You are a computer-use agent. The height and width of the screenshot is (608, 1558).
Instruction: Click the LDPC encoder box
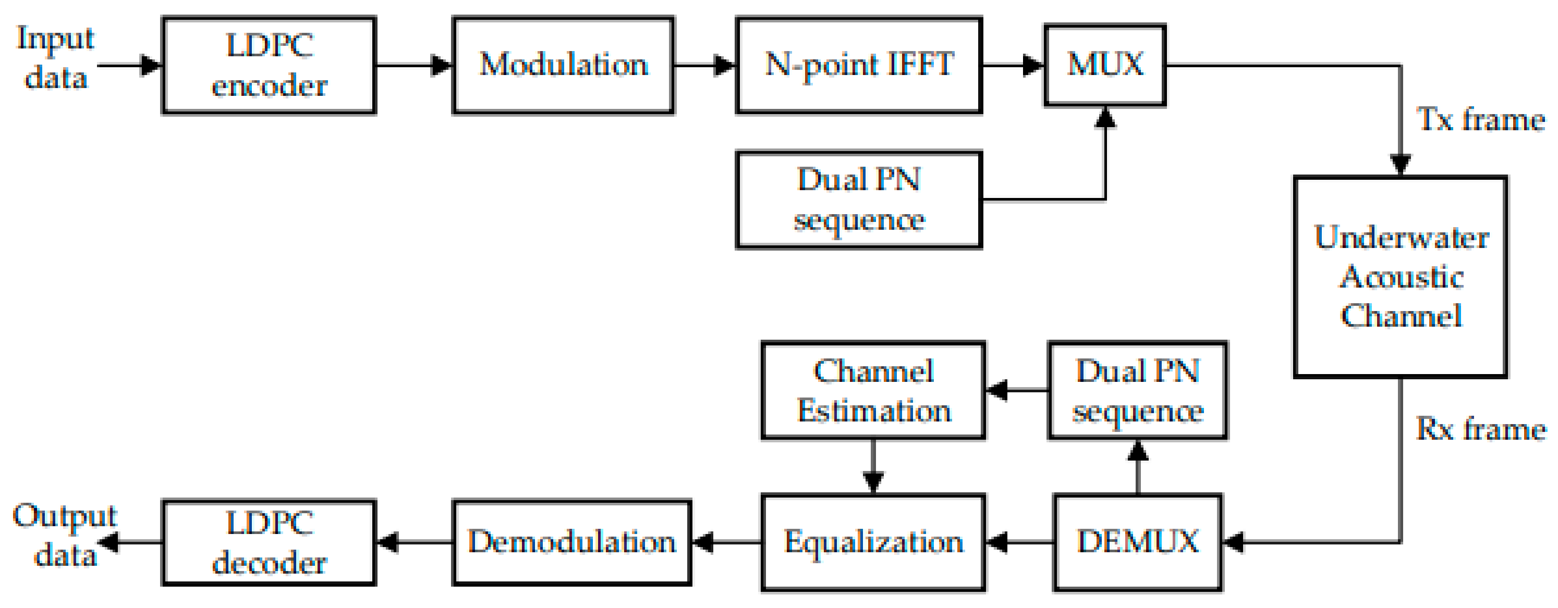point(269,65)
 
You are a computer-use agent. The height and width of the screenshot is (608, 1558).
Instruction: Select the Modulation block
point(563,65)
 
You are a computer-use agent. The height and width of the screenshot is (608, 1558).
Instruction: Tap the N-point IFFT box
point(858,65)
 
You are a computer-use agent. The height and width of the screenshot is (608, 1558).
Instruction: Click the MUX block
point(1104,65)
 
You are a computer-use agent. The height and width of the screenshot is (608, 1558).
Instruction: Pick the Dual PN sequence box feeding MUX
point(858,200)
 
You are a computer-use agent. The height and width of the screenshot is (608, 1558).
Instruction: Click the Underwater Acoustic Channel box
point(1400,277)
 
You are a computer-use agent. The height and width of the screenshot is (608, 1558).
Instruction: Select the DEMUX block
point(1138,542)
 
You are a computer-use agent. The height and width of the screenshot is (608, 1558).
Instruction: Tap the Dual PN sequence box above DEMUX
point(1138,390)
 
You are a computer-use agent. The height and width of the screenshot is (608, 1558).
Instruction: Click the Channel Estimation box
point(873,390)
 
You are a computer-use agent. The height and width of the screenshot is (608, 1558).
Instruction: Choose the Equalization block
point(873,542)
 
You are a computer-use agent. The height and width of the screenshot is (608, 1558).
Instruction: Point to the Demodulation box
point(571,542)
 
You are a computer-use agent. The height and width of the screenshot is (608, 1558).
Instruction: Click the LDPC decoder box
point(269,542)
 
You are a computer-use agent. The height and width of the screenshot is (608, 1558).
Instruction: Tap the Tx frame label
point(1481,120)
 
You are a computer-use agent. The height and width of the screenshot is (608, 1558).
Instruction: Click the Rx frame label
point(1481,430)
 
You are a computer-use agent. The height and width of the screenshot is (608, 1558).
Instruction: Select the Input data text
point(56,58)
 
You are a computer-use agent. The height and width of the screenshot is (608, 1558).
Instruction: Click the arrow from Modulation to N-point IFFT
point(705,65)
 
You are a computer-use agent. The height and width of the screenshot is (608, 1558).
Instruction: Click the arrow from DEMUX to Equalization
point(1019,542)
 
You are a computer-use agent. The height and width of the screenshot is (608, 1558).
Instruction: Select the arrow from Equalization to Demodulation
point(726,542)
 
